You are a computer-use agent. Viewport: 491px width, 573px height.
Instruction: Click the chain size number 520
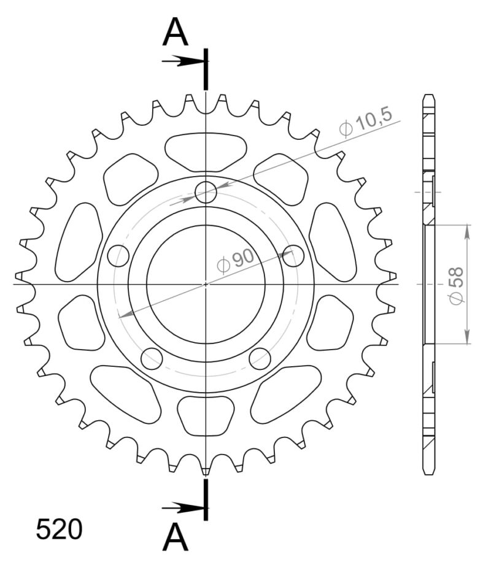pos(59,529)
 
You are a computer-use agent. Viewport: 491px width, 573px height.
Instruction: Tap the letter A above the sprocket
pos(175,33)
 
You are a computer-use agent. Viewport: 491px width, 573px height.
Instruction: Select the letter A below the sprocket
pos(175,539)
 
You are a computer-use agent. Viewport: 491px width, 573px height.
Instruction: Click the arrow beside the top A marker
pos(182,61)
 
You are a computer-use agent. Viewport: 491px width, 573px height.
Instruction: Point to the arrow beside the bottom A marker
pos(182,508)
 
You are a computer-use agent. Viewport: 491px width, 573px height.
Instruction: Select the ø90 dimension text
pos(236,261)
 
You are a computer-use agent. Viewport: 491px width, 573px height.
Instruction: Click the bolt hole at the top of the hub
pos(206,192)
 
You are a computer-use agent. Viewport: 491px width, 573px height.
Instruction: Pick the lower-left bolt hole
pos(152,358)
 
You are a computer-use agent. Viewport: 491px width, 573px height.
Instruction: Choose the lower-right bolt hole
pos(260,358)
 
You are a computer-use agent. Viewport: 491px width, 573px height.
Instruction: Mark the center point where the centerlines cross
pos(206,284)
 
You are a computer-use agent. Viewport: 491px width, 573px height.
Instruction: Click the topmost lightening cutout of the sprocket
pos(206,151)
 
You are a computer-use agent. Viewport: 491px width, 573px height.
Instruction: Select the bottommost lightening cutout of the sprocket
pos(206,415)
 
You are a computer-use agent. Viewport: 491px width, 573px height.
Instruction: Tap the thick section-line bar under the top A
pos(206,68)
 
